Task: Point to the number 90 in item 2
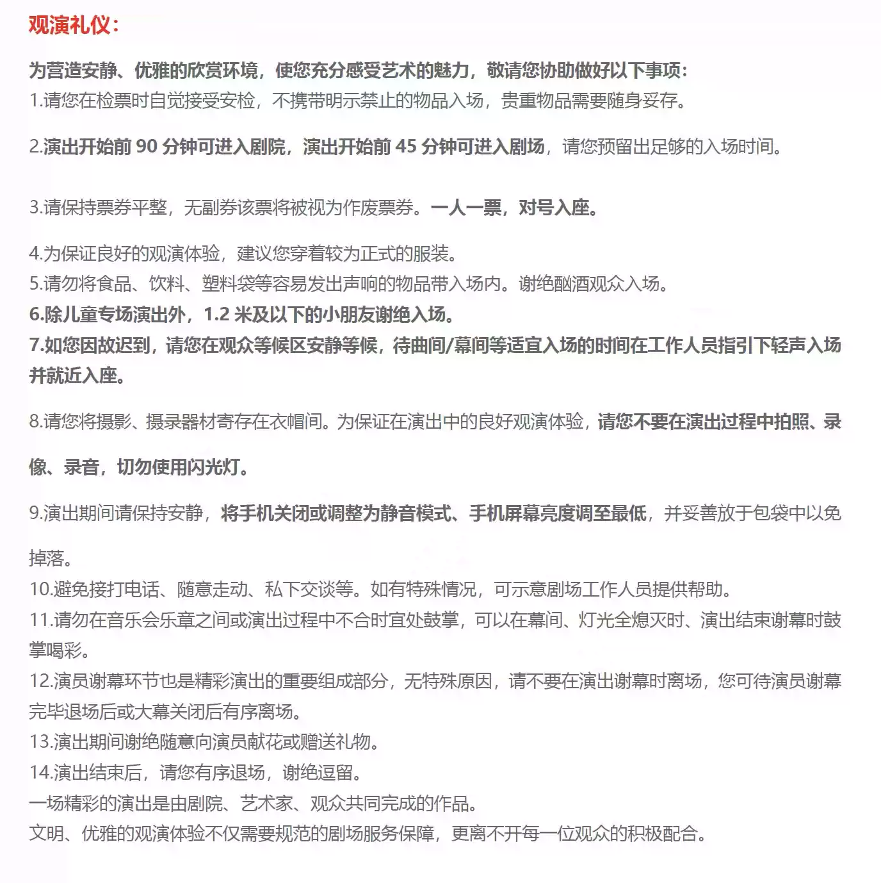146,147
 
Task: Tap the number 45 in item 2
405,147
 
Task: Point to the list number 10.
40,589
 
